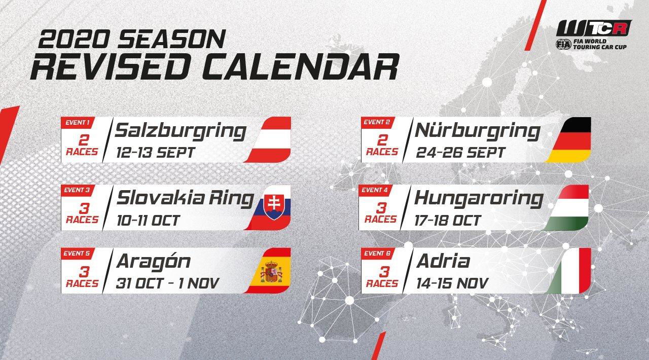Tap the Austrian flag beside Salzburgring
[271, 139]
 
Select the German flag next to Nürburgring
[570, 139]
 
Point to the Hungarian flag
[568, 207]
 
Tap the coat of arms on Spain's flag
[271, 272]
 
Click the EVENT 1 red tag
[77, 123]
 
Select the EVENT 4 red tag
[375, 190]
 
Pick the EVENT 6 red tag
[377, 254]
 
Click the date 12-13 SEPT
[156, 153]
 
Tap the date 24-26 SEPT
[460, 153]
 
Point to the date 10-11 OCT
[148, 220]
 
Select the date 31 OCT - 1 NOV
[167, 283]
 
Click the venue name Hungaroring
[479, 199]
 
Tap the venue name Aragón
[153, 262]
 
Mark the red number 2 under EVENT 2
[382, 140]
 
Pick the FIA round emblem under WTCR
[563, 44]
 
